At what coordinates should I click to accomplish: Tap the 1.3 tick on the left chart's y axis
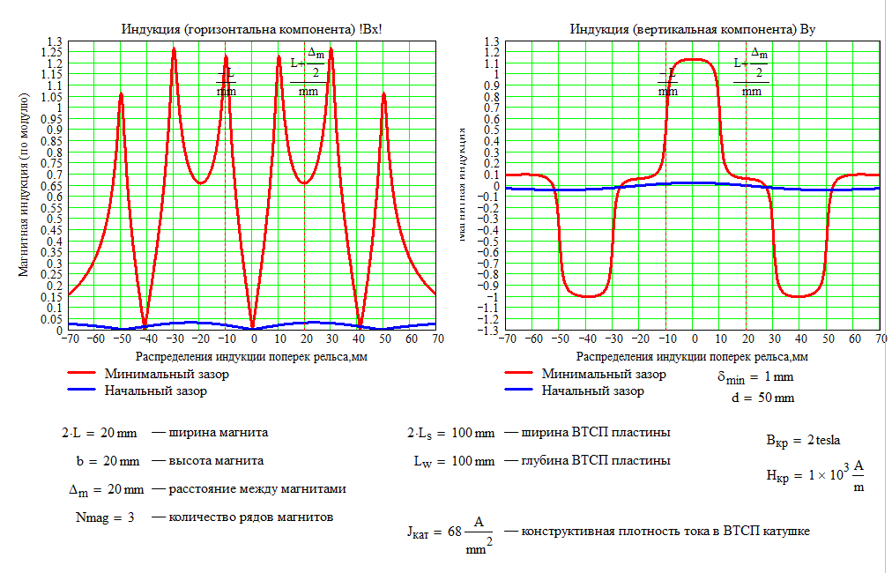click(x=55, y=41)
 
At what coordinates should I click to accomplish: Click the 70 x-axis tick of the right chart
click(x=880, y=338)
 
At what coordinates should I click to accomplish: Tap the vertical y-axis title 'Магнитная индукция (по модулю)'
click(x=24, y=187)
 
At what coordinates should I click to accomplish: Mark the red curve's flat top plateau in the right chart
click(x=695, y=59)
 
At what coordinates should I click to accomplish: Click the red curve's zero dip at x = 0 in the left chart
click(x=253, y=324)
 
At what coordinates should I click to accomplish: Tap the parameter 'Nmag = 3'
click(x=105, y=517)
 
